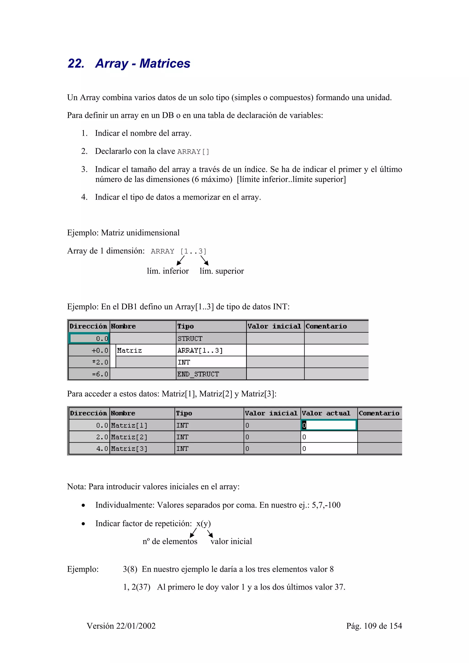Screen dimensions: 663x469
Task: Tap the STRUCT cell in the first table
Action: (x=190, y=338)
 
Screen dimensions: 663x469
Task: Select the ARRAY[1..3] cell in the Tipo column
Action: (x=200, y=350)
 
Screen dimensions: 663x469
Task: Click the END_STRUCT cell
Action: (x=198, y=374)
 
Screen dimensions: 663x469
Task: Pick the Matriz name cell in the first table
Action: (x=129, y=350)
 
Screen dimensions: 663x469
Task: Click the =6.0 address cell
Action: (x=100, y=374)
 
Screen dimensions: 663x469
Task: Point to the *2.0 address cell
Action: (x=100, y=362)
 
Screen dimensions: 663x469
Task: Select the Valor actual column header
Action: (x=326, y=413)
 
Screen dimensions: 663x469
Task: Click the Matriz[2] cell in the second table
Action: (x=129, y=437)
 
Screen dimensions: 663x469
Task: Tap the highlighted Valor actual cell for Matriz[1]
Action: (x=329, y=425)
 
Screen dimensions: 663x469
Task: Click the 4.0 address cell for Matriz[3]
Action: (x=102, y=449)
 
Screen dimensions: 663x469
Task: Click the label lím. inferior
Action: (x=168, y=271)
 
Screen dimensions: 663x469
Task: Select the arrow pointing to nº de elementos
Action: (x=193, y=533)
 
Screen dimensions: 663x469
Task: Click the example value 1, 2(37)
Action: (x=137, y=587)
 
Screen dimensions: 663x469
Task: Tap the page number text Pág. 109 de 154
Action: (x=374, y=626)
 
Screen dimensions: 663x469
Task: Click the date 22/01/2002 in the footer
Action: (x=136, y=626)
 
